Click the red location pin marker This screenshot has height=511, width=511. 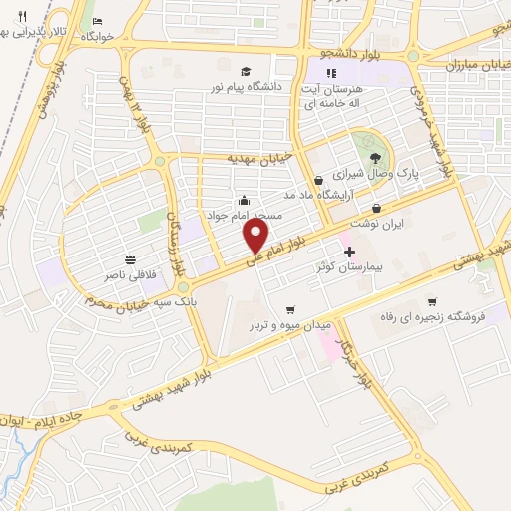pos(256,236)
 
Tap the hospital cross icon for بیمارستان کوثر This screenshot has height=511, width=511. pos(348,251)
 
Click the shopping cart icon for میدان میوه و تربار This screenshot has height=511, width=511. pos(290,309)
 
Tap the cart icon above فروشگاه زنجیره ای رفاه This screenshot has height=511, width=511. pos(431,301)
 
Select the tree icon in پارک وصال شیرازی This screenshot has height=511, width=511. pos(375,157)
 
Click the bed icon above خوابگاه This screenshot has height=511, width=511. pos(97,21)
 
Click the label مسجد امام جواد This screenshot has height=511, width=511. pos(245,215)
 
